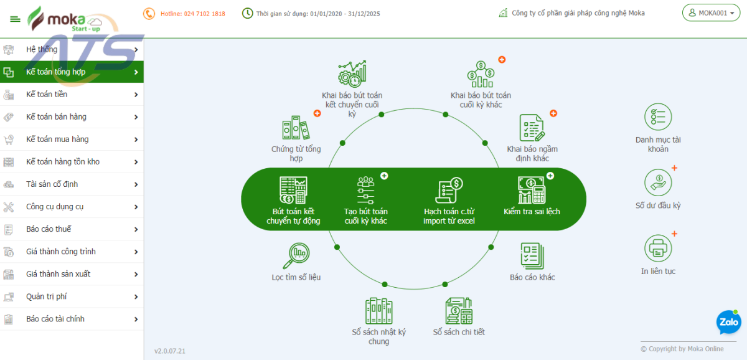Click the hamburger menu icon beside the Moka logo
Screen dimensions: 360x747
15,19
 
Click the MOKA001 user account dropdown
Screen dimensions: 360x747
711,13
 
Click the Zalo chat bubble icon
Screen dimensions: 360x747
728,322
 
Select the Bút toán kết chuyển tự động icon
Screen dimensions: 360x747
293,191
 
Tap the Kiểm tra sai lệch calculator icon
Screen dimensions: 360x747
531,191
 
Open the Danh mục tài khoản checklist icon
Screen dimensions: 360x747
658,117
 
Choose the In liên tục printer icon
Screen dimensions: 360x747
658,248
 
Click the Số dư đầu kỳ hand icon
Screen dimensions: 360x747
658,182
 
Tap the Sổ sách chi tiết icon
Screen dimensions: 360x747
459,310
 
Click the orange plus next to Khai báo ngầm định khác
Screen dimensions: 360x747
553,113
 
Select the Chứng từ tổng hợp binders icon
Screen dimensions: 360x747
296,128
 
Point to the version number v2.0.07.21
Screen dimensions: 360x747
170,351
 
